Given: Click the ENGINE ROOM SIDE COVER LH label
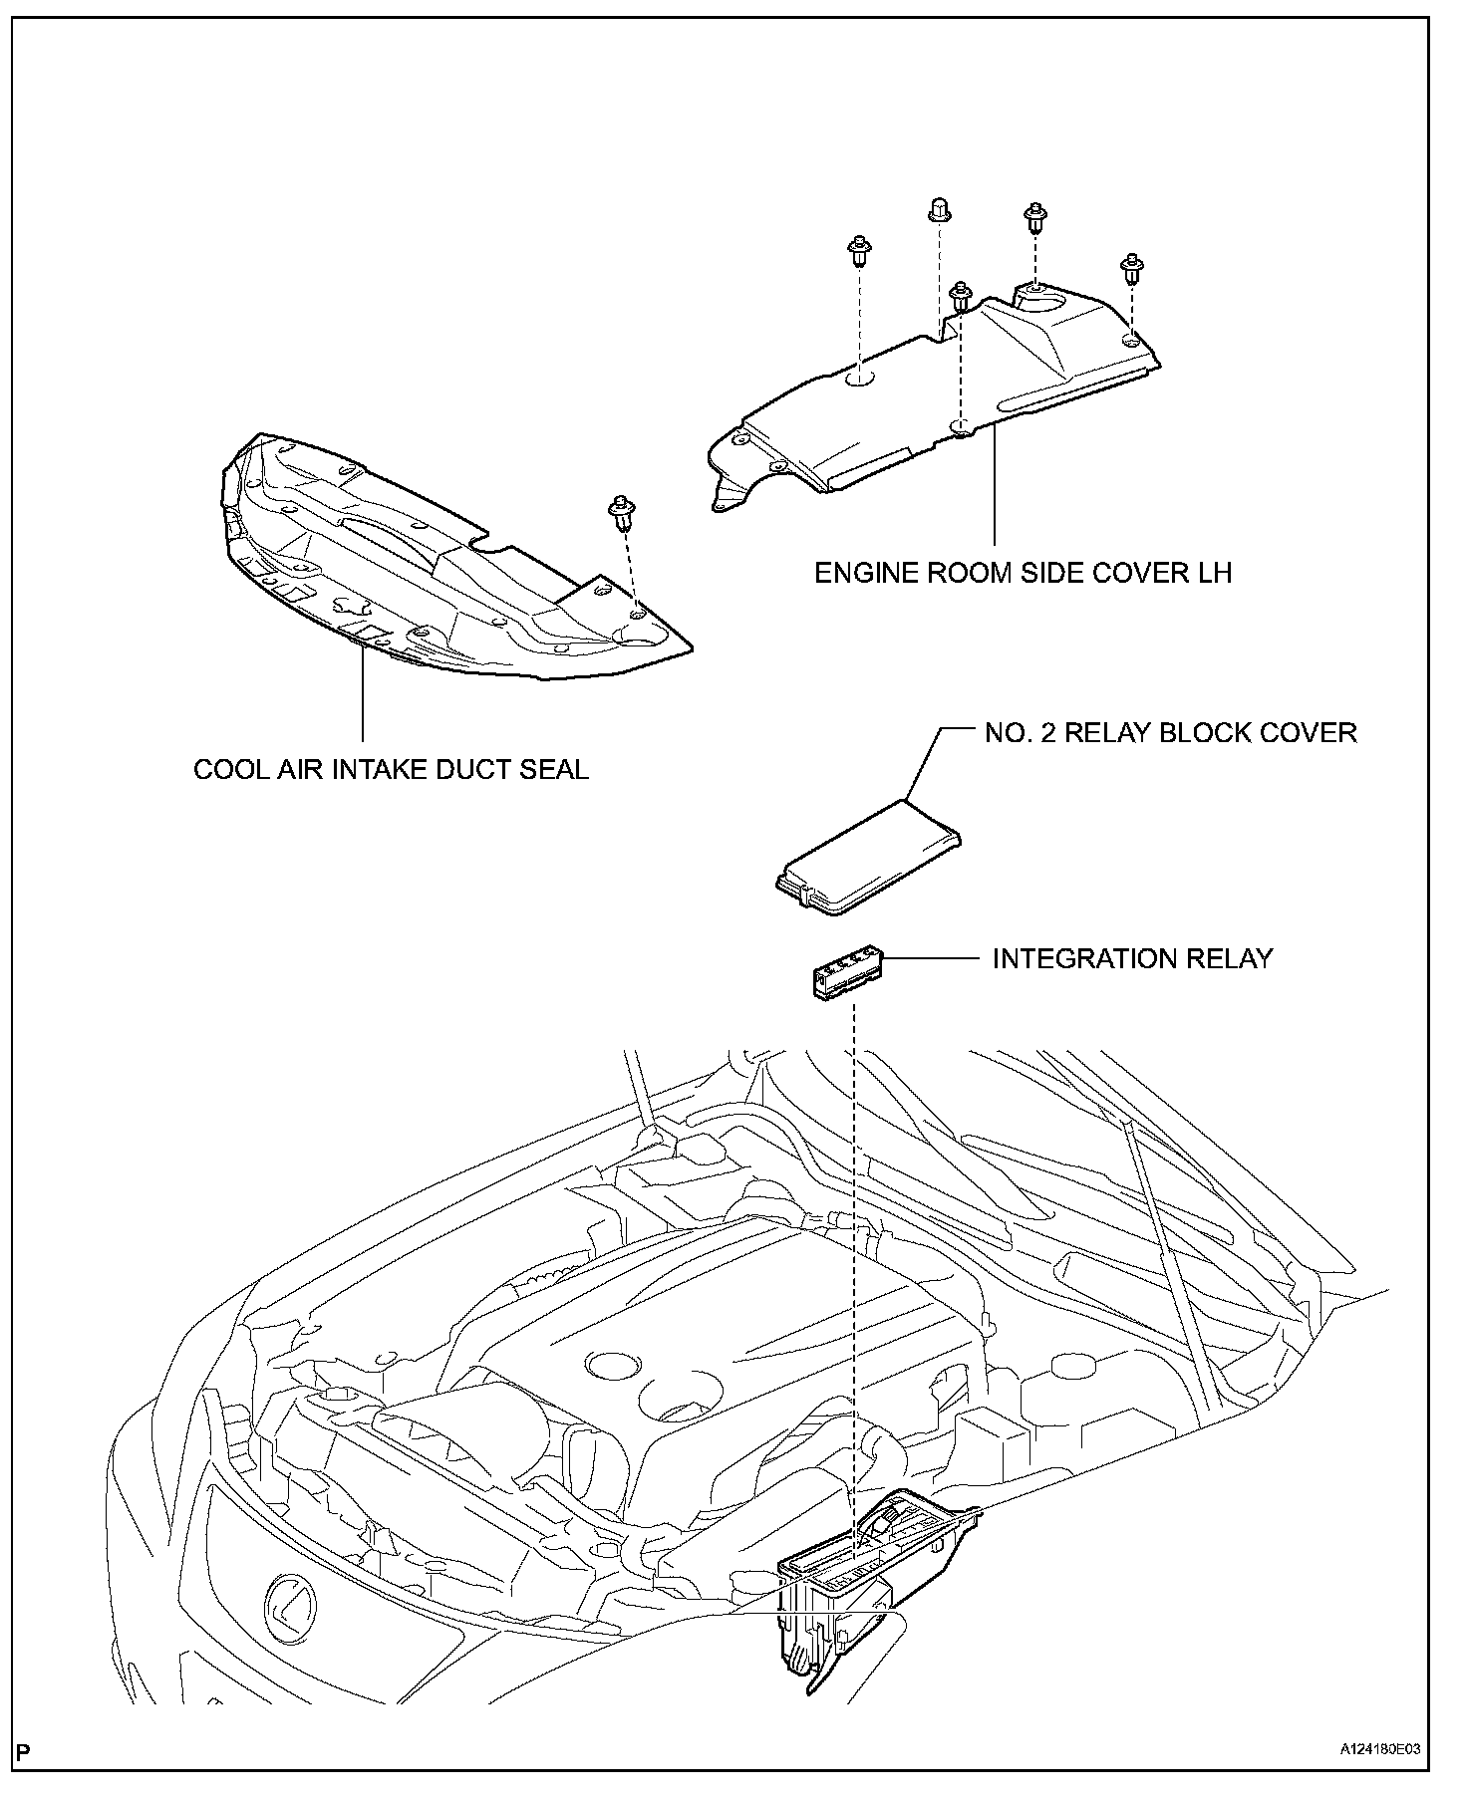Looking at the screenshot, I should coord(1024,574).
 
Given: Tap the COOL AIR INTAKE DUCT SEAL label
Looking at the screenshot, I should coord(391,769).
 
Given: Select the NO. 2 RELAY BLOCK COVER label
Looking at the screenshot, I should coord(1170,733).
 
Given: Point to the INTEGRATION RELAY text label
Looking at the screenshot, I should coord(1132,958).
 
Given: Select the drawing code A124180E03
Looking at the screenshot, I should coord(1379,1776).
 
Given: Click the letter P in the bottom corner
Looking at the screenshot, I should coord(23,1777).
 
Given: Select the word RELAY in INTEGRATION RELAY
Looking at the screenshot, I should coord(1225,958).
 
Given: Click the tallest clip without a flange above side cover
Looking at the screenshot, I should coord(937,210).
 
